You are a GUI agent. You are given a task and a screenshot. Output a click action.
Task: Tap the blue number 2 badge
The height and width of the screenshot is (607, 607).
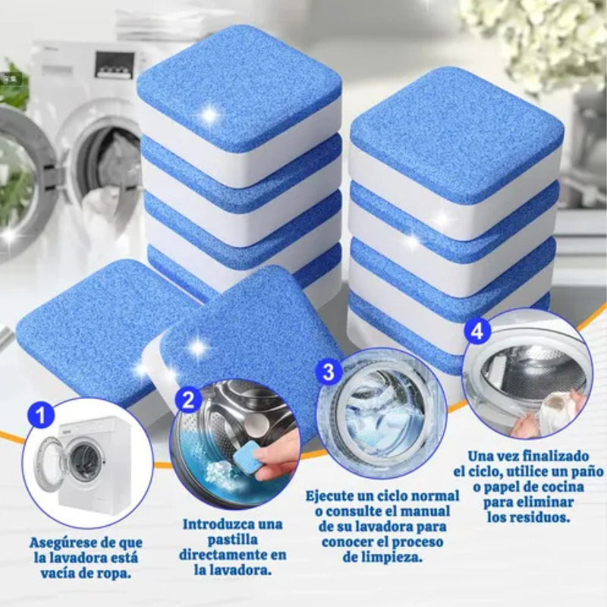point(188,400)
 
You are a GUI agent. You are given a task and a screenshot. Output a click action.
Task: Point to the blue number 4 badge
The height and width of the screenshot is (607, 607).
point(477,332)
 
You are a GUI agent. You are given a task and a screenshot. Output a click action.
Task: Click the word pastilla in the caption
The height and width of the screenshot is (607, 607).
point(232,540)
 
